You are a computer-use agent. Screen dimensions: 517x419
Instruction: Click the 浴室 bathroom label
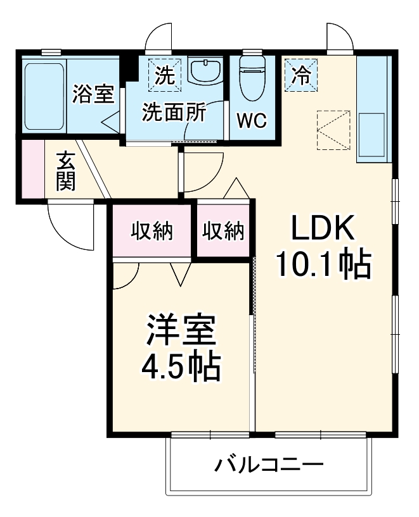click(93, 95)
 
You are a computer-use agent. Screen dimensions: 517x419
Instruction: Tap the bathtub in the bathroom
click(44, 95)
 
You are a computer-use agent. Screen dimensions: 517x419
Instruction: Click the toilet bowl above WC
click(252, 76)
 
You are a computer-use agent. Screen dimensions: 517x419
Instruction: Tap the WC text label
click(251, 120)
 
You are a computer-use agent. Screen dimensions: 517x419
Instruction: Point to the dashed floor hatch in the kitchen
click(333, 130)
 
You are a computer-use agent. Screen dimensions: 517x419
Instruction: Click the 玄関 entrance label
click(66, 172)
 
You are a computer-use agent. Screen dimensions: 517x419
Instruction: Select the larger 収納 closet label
click(152, 232)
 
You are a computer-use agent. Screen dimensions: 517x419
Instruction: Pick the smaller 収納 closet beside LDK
click(223, 232)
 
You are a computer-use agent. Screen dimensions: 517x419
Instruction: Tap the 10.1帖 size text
click(323, 266)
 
